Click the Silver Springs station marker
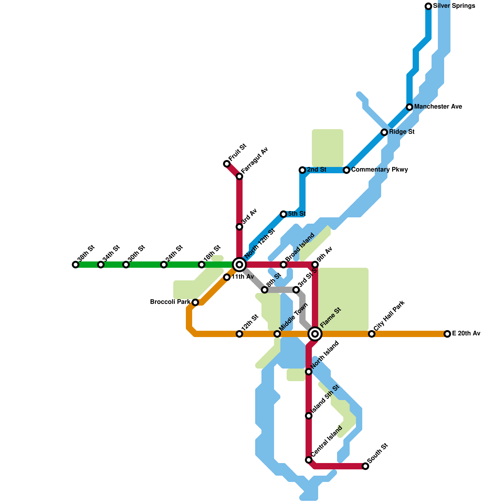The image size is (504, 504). click(x=428, y=6)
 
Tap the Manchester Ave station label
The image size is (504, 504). click(x=438, y=107)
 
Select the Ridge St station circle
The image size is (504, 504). click(x=384, y=132)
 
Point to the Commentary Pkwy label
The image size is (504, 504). click(x=380, y=170)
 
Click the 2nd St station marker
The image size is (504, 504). click(x=302, y=170)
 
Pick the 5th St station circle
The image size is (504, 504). click(x=283, y=214)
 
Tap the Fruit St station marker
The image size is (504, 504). click(x=227, y=164)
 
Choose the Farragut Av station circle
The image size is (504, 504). click(x=239, y=176)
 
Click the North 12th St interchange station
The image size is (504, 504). click(x=239, y=265)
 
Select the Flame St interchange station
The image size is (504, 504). click(x=315, y=334)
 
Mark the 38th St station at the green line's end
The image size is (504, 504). click(x=76, y=265)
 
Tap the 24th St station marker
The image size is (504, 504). click(x=164, y=265)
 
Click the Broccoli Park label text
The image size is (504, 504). click(x=170, y=302)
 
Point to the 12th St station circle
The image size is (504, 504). click(x=239, y=334)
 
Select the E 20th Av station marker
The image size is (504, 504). click(x=447, y=334)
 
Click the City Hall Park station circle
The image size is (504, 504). click(x=372, y=334)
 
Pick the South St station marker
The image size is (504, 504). click(x=365, y=466)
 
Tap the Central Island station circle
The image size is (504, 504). click(x=309, y=460)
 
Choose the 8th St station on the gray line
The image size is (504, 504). click(x=265, y=290)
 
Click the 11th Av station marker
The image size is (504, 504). click(x=227, y=277)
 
